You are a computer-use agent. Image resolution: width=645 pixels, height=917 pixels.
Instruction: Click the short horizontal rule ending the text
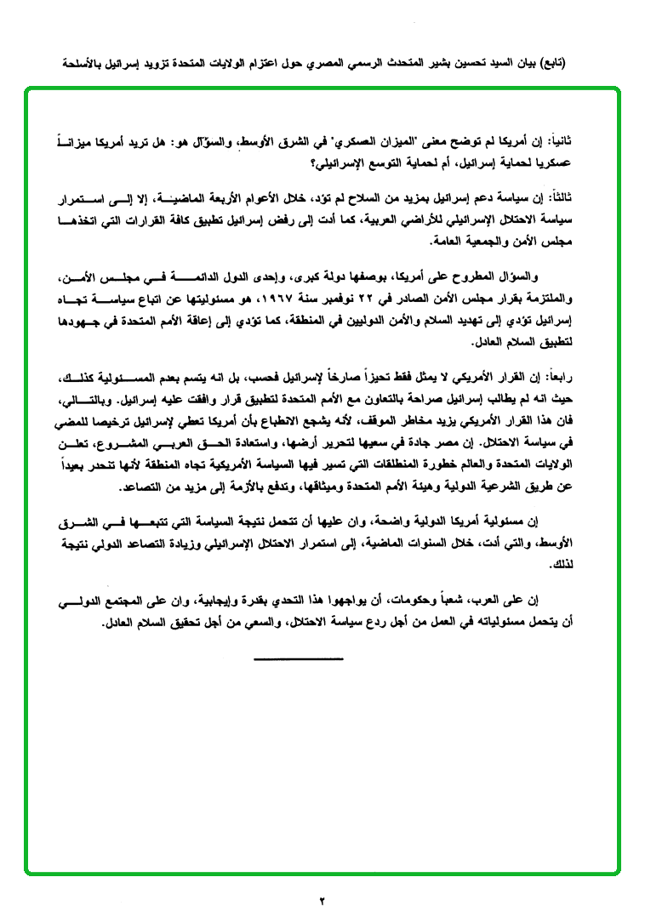coord(298,658)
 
